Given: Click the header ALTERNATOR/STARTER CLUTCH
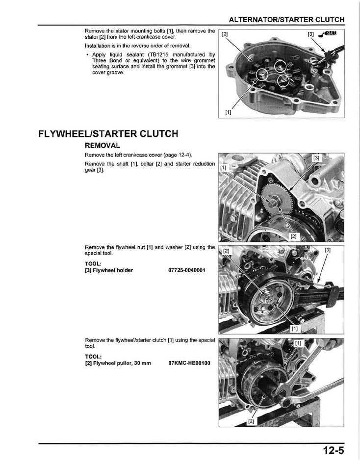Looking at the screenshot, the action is (x=287, y=20).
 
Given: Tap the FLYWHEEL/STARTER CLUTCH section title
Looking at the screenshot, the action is (x=108, y=134).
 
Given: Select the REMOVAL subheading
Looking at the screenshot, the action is (x=103, y=146).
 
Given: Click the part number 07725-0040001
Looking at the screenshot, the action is (x=187, y=270).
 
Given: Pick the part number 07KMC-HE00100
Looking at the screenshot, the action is (x=189, y=363).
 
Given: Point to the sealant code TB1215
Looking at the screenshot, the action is (x=162, y=54).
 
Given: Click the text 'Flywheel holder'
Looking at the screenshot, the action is (x=113, y=270).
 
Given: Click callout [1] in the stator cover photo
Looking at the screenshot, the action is (x=228, y=112).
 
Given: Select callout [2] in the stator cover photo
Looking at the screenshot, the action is (x=225, y=34).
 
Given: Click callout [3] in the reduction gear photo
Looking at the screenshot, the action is (x=317, y=158).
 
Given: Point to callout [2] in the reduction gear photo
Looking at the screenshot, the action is (x=293, y=236).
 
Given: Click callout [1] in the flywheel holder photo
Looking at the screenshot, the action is (x=295, y=328).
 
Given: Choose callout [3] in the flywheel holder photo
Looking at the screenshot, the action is (x=327, y=250).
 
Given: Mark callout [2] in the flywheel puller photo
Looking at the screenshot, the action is (x=251, y=421).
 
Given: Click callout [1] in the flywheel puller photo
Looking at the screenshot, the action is (x=298, y=343).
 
